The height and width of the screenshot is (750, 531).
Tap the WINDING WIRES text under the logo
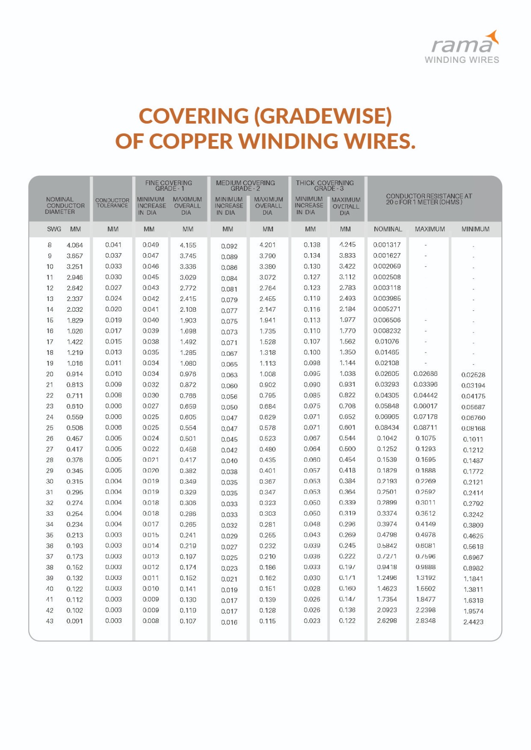click(x=462, y=60)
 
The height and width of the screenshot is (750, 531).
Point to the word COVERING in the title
click(x=194, y=116)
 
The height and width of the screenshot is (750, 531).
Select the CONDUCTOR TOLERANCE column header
click(x=112, y=203)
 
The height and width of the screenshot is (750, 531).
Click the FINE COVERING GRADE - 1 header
click(x=169, y=186)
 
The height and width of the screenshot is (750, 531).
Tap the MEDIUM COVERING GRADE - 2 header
click(x=245, y=186)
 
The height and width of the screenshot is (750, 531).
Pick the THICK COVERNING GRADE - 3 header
click(x=325, y=186)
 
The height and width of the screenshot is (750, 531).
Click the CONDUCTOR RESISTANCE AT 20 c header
click(x=429, y=199)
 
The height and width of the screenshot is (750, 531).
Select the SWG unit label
click(x=54, y=229)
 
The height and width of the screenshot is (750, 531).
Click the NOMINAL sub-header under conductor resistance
click(x=388, y=229)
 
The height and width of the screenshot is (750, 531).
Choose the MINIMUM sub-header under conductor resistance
click(x=475, y=229)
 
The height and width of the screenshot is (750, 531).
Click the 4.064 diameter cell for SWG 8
click(x=75, y=245)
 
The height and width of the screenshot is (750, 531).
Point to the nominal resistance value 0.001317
click(x=387, y=245)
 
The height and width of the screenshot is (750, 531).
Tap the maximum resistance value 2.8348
click(x=425, y=621)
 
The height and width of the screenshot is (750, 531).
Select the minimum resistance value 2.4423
click(x=473, y=622)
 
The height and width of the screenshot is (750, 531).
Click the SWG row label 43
click(x=50, y=621)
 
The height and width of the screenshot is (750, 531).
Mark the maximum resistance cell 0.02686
click(x=425, y=374)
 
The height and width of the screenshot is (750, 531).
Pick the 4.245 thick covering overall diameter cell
click(x=347, y=245)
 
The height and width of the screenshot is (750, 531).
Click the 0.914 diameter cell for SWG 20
click(x=75, y=374)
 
